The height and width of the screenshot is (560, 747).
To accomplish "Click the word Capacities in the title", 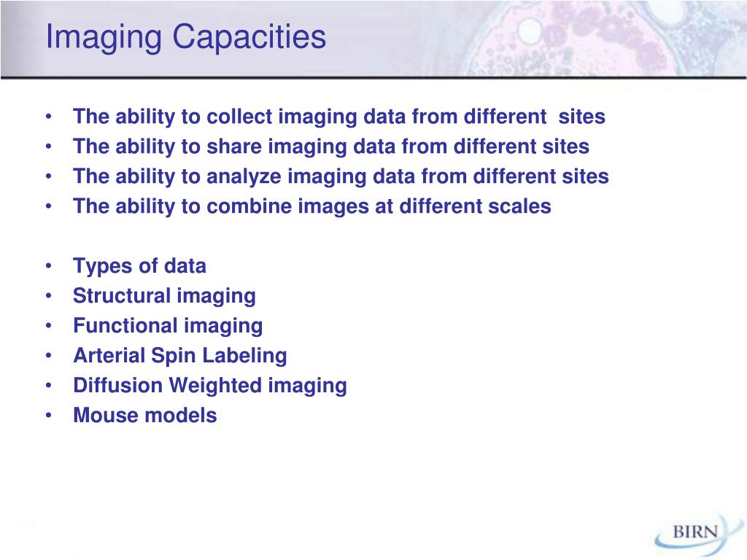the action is click(x=249, y=36).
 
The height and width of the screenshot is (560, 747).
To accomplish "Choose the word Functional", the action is click(x=125, y=326).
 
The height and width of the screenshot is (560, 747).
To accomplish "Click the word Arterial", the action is click(x=109, y=356).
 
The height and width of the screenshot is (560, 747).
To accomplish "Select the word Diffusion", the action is click(x=117, y=385).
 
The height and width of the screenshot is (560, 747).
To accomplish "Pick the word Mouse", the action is click(x=105, y=415).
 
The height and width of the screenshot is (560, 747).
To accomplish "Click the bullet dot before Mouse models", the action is click(x=49, y=415).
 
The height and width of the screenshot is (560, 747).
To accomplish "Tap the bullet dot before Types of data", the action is click(x=49, y=265).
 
